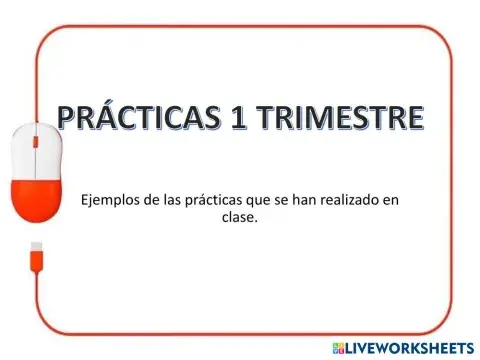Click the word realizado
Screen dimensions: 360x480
click(x=349, y=200)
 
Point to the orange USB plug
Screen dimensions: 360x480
click(x=36, y=251)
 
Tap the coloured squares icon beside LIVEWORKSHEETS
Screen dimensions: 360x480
click(x=339, y=347)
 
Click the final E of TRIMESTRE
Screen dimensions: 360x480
click(x=413, y=119)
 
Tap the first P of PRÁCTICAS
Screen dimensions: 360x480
click(x=69, y=119)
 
